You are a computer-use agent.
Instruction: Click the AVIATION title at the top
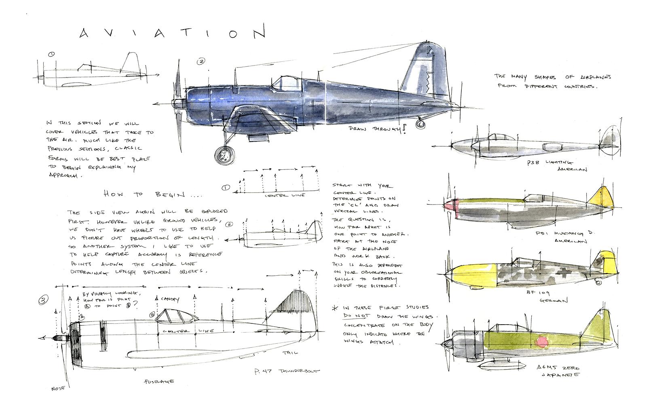pos(171,33)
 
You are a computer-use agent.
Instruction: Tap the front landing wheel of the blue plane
pos(224,155)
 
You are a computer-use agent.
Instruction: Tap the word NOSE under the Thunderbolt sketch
pos(58,389)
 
